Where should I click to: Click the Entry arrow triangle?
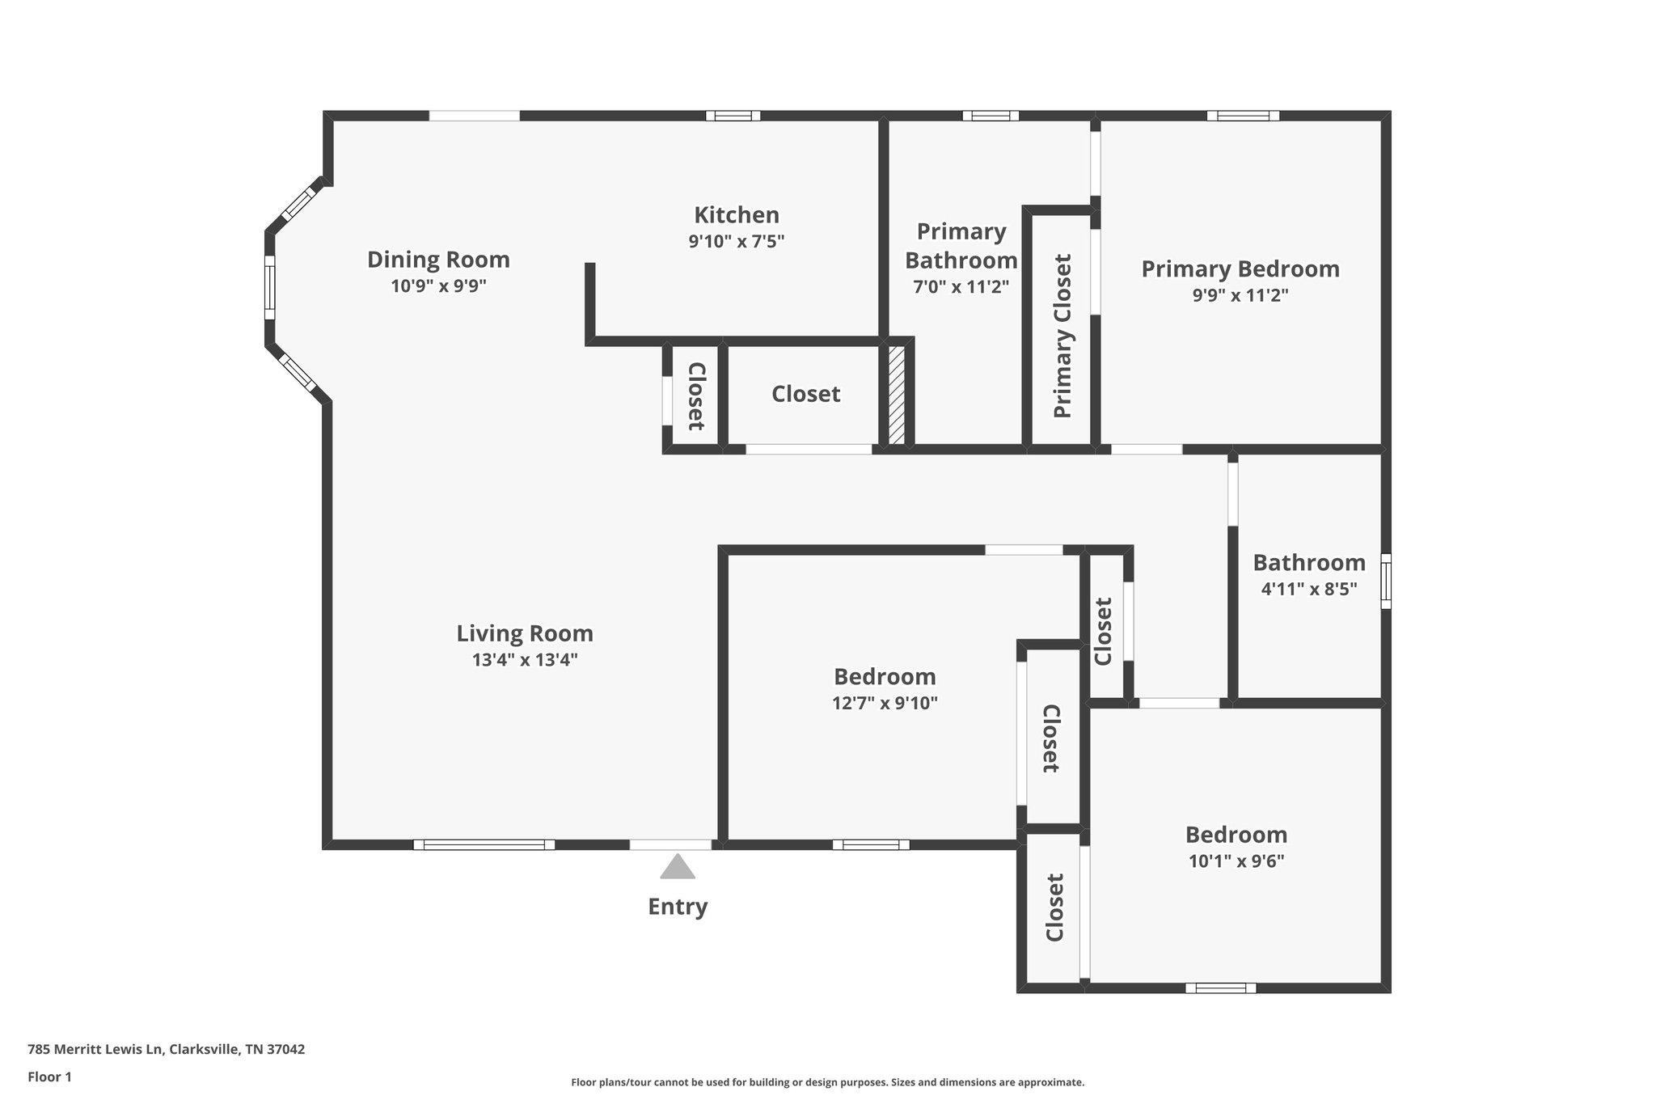click(x=677, y=868)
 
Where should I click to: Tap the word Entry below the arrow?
click(x=678, y=907)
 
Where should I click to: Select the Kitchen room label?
click(x=737, y=215)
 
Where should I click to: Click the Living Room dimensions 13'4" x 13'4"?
click(x=525, y=660)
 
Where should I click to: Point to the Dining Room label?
click(x=438, y=260)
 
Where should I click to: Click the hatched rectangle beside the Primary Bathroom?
click(x=896, y=395)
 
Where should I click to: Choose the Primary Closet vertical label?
click(x=1062, y=336)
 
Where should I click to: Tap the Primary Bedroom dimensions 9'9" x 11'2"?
click(x=1240, y=295)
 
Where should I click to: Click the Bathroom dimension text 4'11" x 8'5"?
click(x=1308, y=589)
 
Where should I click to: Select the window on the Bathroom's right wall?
click(x=1385, y=581)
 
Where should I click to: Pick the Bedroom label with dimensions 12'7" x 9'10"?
click(x=885, y=676)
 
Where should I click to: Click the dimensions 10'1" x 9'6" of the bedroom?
click(x=1236, y=861)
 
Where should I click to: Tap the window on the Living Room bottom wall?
click(x=484, y=844)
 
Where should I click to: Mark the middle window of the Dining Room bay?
click(x=269, y=288)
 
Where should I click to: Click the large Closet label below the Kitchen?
click(x=805, y=394)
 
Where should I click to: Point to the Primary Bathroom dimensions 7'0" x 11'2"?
click(x=961, y=286)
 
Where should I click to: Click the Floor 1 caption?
click(x=49, y=1077)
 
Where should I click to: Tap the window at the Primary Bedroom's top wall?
click(x=1243, y=116)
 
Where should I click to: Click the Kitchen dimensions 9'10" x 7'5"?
click(x=737, y=241)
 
